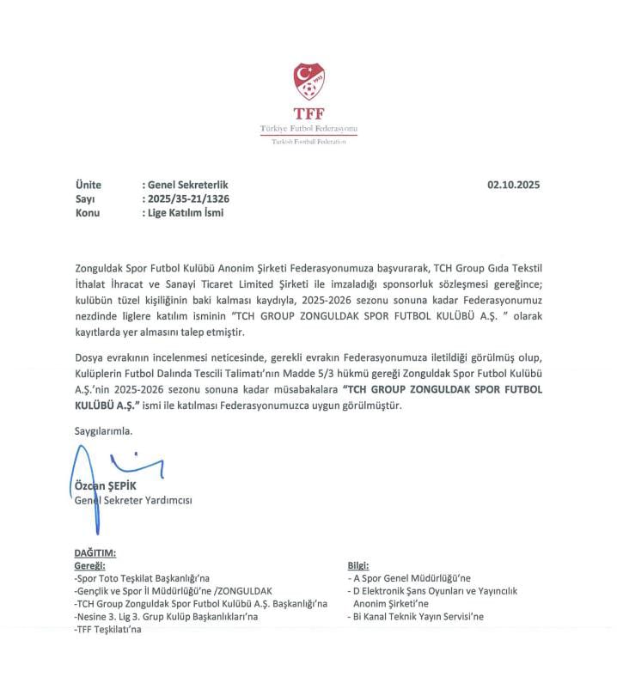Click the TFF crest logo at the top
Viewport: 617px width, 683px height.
[308, 82]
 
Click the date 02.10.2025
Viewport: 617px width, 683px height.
[514, 185]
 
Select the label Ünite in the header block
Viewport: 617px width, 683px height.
[89, 185]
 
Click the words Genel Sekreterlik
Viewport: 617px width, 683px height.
[188, 185]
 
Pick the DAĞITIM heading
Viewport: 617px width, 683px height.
[95, 553]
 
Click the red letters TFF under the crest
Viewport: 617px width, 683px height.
[308, 113]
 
